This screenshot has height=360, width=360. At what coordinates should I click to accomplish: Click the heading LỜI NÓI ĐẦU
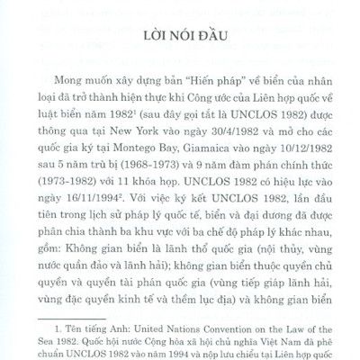pyautogui.click(x=180, y=39)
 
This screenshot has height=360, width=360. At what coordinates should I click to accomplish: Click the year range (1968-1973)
pyautogui.click(x=181, y=162)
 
